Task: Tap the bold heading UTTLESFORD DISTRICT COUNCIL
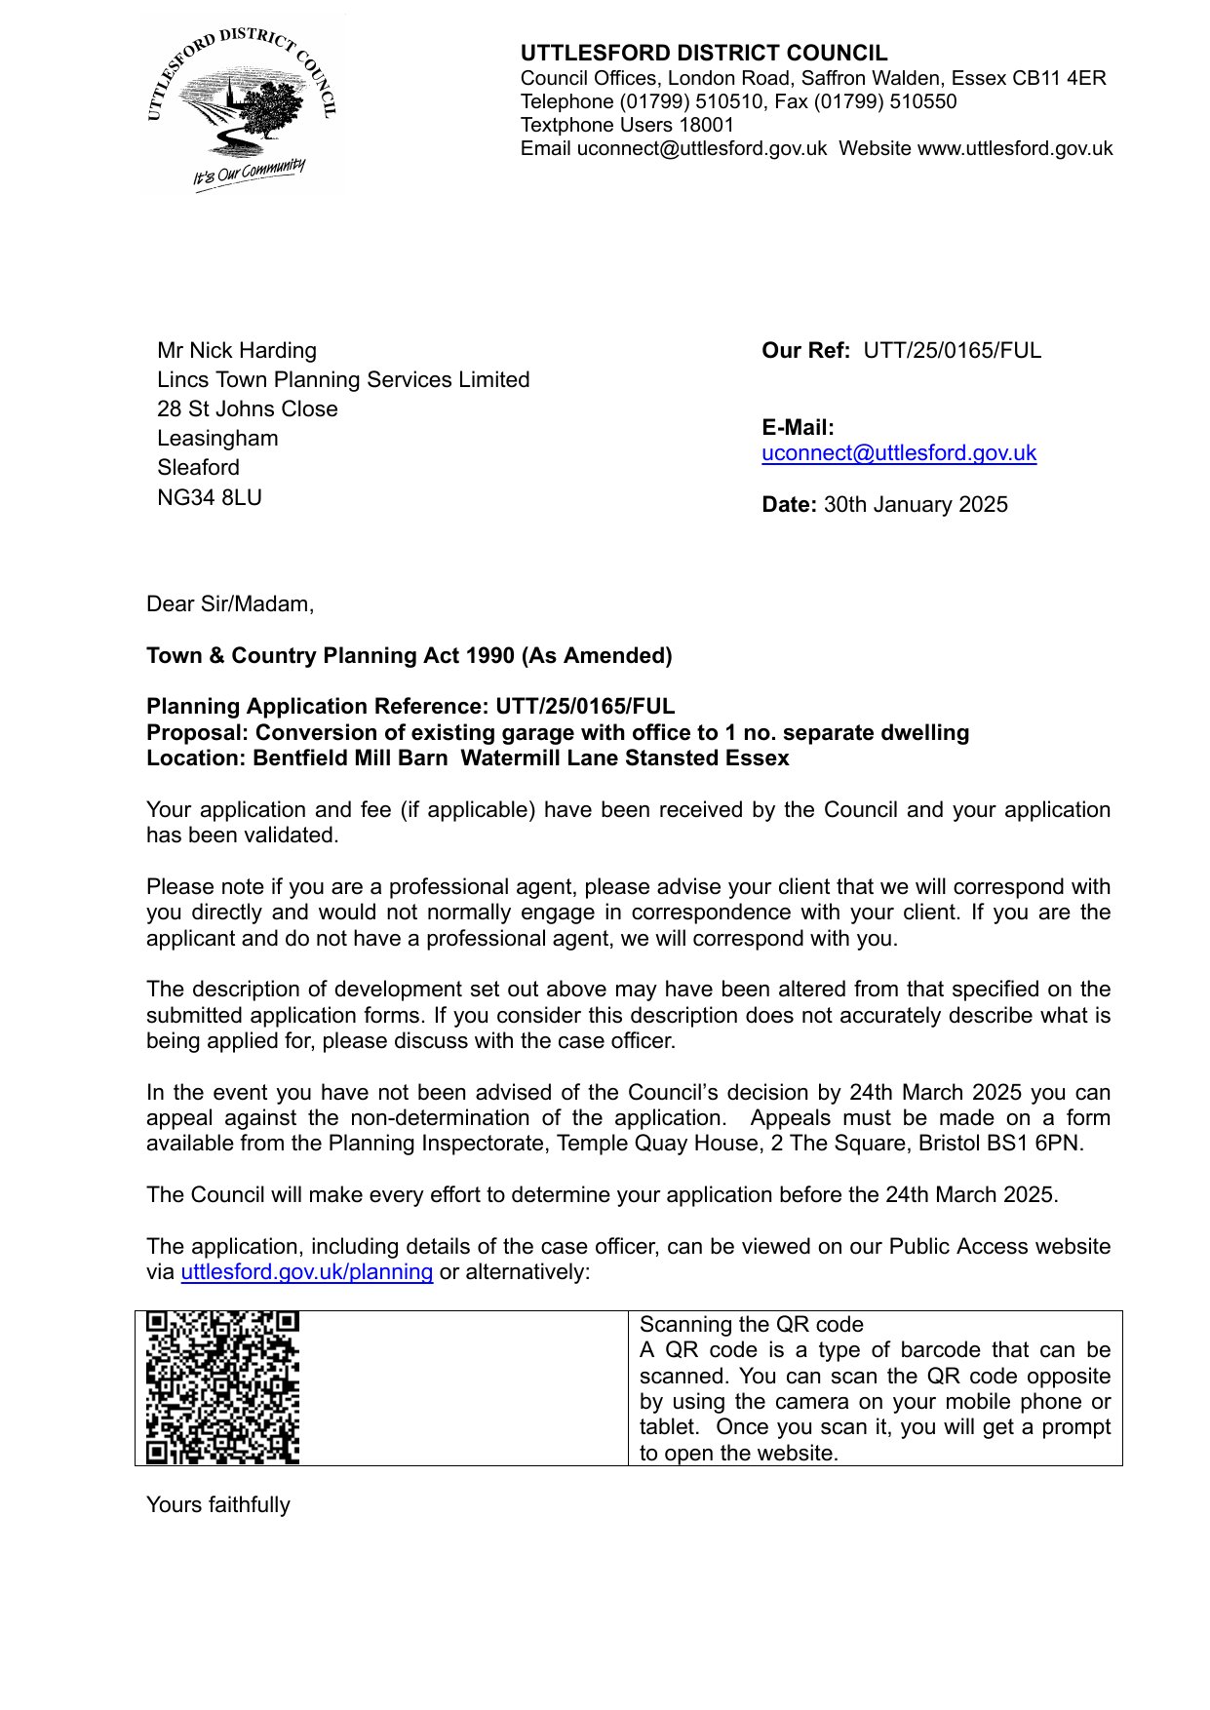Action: [x=703, y=54]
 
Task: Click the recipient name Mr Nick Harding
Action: [x=237, y=350]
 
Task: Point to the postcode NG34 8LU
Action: [x=210, y=497]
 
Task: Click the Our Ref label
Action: [x=805, y=350]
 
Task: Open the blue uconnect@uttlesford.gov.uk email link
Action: [x=898, y=452]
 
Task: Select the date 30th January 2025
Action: [x=916, y=504]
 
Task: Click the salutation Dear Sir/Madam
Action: [x=230, y=603]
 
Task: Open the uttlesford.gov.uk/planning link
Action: [x=307, y=1271]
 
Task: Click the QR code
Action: [x=222, y=1387]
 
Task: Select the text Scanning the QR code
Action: [x=751, y=1324]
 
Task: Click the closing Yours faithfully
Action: [x=218, y=1504]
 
